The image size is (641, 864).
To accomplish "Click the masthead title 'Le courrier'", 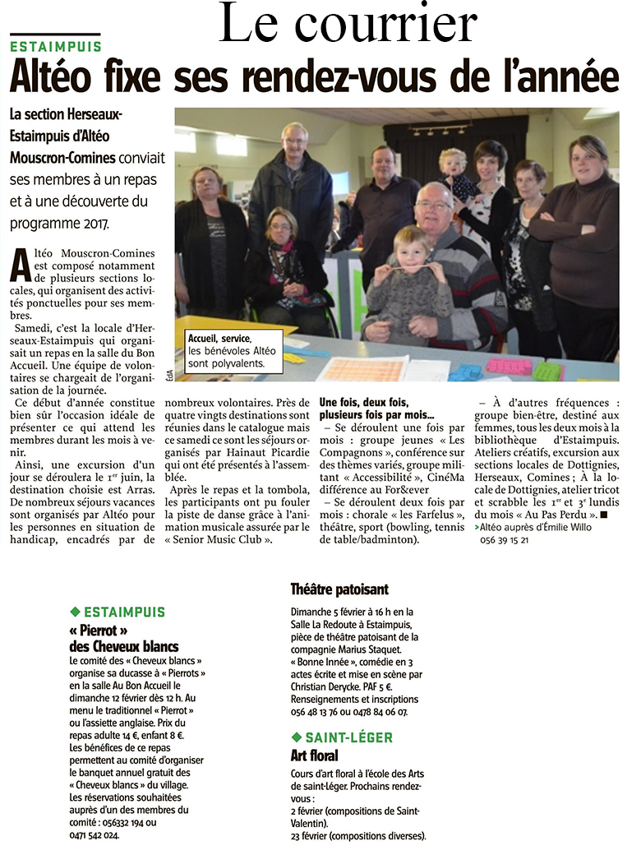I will (x=348, y=25).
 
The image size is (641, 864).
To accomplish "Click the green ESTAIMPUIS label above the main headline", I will (x=56, y=47).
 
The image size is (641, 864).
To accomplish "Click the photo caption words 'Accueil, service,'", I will (x=219, y=339).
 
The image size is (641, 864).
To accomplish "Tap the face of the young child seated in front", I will (x=408, y=248).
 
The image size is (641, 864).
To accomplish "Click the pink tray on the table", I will (x=508, y=365).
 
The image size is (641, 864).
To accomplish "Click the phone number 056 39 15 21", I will (x=505, y=540).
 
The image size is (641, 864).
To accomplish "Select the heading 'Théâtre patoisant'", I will (x=339, y=589).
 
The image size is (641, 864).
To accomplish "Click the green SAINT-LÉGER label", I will (x=347, y=737).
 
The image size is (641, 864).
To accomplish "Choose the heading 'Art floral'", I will (x=315, y=755).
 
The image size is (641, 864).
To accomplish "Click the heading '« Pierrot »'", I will (x=101, y=631).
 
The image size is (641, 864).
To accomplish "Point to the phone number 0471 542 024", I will (x=95, y=834).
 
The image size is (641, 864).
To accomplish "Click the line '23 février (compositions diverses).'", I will (x=358, y=835).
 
